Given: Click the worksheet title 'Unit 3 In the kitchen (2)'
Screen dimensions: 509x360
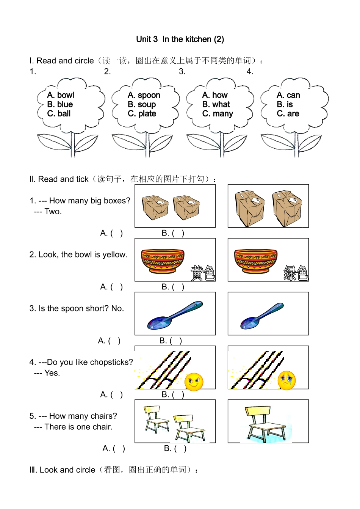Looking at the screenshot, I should tap(180, 39).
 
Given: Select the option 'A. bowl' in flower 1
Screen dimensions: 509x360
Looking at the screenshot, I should tap(61, 95).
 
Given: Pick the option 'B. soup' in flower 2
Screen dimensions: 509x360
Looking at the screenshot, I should tap(142, 104).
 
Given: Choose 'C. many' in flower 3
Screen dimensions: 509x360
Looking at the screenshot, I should tap(218, 114).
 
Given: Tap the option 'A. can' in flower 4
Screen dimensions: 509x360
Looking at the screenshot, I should tap(288, 95).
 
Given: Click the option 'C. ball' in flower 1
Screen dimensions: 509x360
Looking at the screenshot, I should tap(59, 114).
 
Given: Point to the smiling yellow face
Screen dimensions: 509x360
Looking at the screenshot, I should tap(194, 382).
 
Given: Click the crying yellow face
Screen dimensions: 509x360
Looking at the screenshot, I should tap(287, 380).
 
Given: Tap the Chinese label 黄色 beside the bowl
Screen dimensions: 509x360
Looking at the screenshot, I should tap(203, 273).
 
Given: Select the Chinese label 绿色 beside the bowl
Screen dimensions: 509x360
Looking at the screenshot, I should tap(296, 273).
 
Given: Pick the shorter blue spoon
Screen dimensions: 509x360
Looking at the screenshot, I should tap(262, 316).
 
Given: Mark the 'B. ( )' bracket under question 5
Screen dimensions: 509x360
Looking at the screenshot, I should tap(180, 449).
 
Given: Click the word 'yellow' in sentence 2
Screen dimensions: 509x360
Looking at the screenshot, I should tap(114, 254).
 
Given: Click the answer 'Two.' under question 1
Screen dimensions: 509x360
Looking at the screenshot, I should tap(53, 212).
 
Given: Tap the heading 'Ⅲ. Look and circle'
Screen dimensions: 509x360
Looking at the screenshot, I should tap(67, 470).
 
